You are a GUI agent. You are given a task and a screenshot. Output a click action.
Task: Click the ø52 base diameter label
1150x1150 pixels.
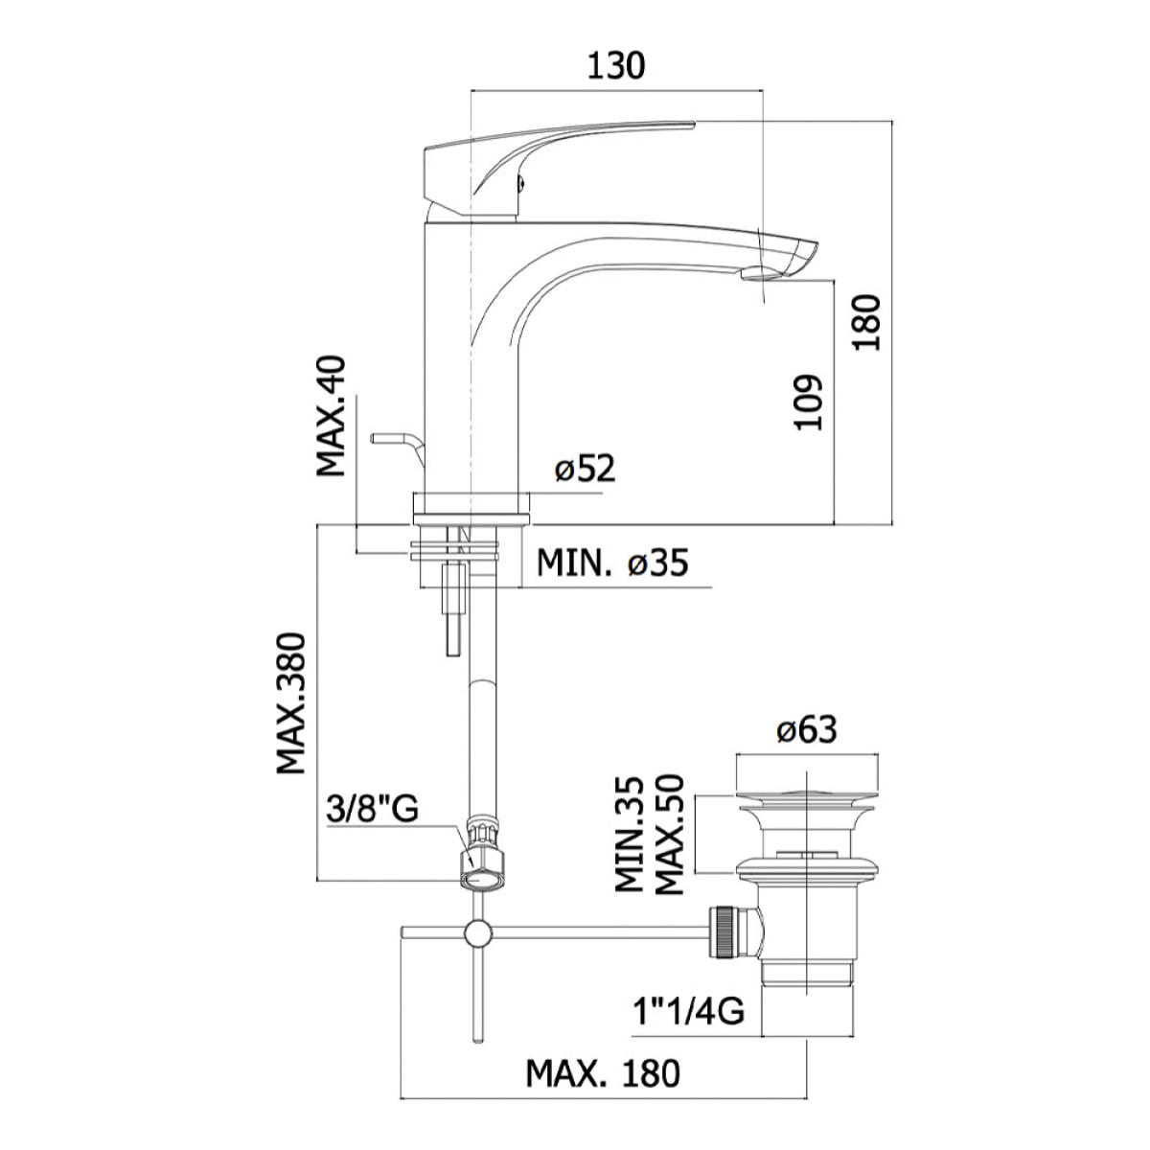coord(585,471)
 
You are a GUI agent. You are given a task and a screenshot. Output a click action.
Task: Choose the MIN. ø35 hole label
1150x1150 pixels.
coord(611,563)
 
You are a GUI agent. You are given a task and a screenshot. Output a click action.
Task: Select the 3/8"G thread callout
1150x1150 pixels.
coord(372,810)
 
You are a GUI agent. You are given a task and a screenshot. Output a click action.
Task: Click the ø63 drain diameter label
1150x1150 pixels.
coord(806,730)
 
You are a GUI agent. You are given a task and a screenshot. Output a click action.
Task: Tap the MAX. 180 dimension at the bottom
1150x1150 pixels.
coord(603,1072)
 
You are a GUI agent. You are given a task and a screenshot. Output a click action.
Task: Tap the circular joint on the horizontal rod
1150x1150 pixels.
coord(476,933)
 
